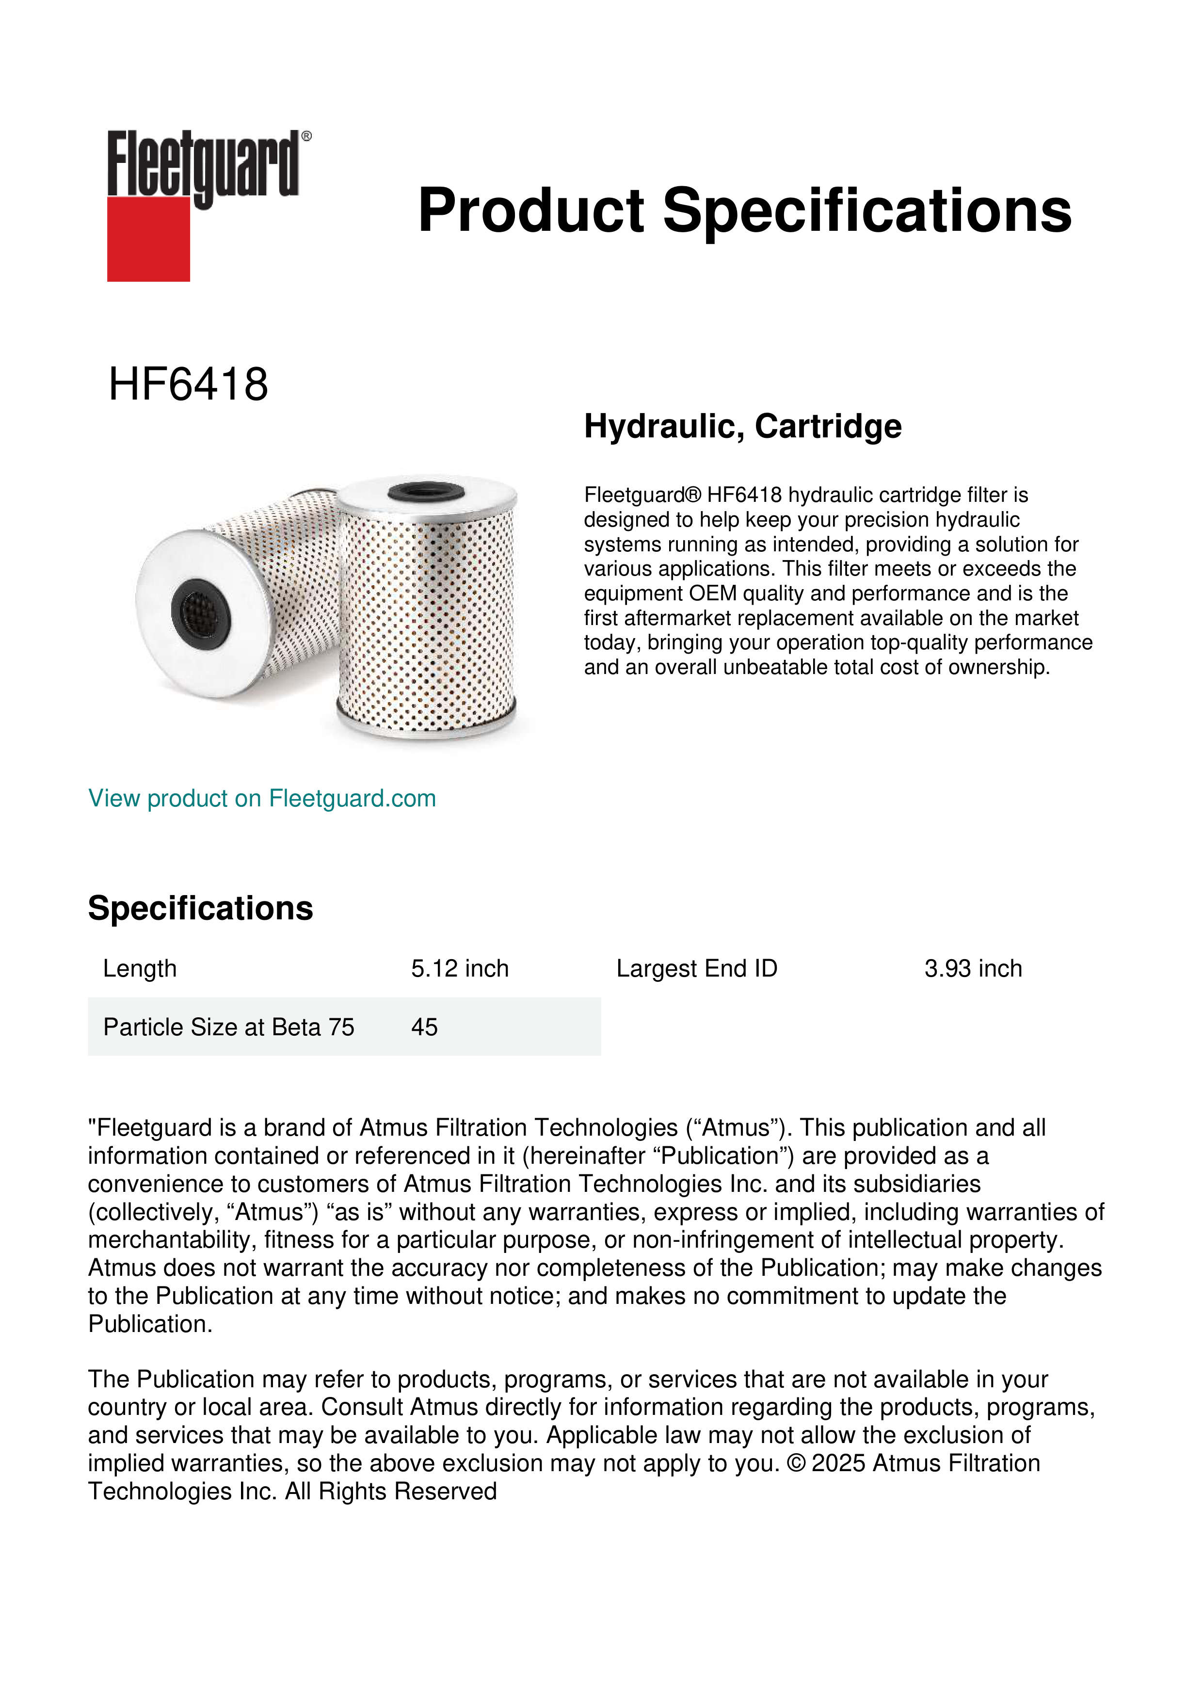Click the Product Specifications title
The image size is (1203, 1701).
(x=744, y=210)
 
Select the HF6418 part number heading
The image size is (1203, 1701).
(x=188, y=385)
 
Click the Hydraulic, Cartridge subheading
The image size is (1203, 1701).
(x=742, y=426)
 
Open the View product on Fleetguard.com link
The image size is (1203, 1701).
(x=261, y=798)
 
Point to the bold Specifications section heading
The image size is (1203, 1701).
(x=200, y=908)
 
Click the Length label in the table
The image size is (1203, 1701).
(x=139, y=968)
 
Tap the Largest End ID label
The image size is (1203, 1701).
(x=696, y=968)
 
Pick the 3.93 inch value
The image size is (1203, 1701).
(x=973, y=968)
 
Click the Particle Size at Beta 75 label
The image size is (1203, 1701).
(x=228, y=1027)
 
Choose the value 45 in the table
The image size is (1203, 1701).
(x=424, y=1027)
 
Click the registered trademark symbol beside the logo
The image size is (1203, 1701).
(x=306, y=136)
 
